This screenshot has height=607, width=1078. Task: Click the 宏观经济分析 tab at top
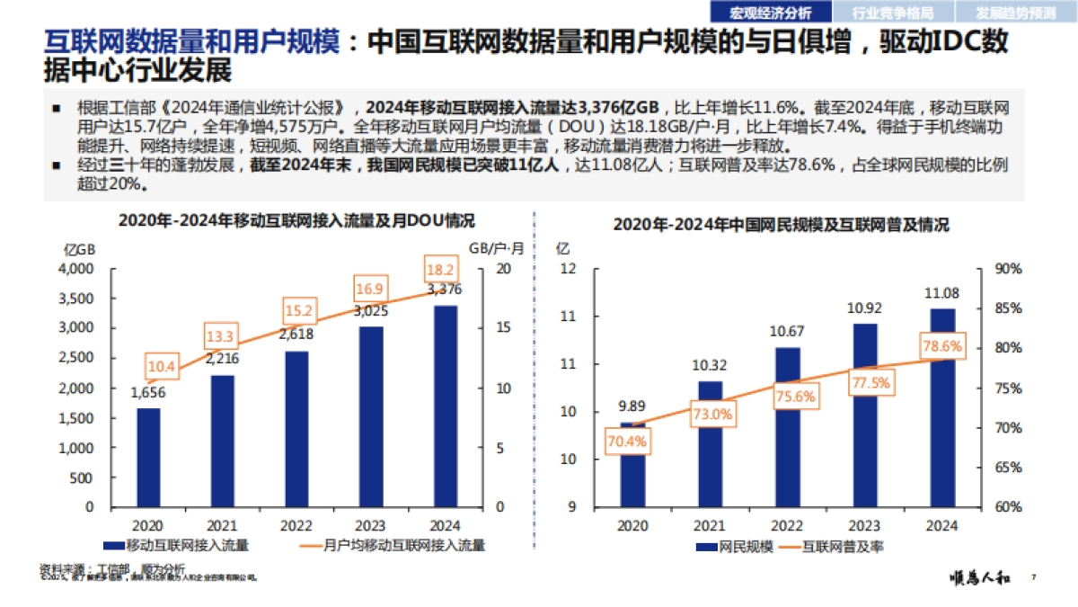coord(770,13)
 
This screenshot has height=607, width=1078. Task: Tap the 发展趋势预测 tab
coord(1017,13)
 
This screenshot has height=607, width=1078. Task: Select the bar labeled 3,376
coord(445,406)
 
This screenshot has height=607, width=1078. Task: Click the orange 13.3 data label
coord(220,337)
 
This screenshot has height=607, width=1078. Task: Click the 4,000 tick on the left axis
coord(75,269)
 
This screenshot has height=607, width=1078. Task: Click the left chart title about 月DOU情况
coord(296,220)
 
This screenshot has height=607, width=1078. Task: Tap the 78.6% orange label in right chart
coord(941,345)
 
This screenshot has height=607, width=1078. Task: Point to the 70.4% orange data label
coord(627,441)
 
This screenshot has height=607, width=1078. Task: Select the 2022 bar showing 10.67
coord(787,426)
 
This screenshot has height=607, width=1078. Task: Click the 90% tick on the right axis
coord(1009,269)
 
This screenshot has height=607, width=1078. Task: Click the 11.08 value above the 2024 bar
coord(941,293)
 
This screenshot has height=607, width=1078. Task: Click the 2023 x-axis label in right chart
coord(864,525)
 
